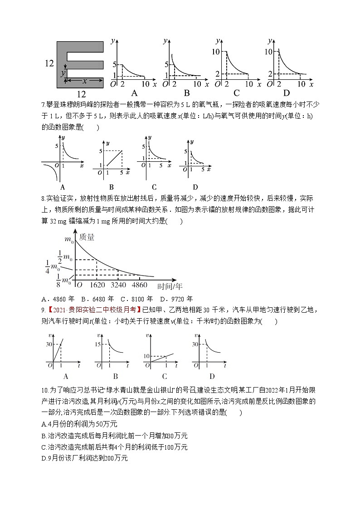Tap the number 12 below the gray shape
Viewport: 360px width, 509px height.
(x=81, y=94)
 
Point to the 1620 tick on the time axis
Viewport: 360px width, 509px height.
(x=97, y=285)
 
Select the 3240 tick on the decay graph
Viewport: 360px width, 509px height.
(x=118, y=285)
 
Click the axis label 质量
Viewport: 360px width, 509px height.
(x=87, y=237)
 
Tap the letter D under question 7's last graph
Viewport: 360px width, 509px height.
(x=195, y=187)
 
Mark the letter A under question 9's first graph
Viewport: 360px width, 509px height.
(x=66, y=376)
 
